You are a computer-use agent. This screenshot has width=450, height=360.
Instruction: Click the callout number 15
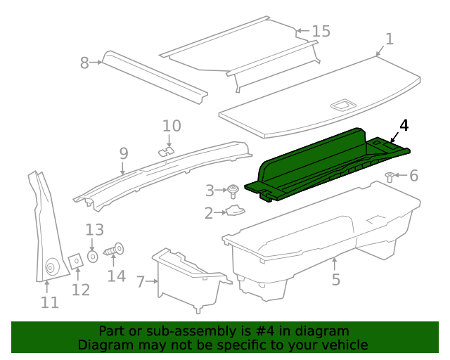pyautogui.click(x=321, y=32)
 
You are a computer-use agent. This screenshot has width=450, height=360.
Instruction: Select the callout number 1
pyautogui.click(x=390, y=39)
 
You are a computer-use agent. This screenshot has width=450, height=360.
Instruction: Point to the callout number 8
pyautogui.click(x=85, y=63)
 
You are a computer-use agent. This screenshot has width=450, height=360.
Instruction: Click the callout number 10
pyautogui.click(x=172, y=126)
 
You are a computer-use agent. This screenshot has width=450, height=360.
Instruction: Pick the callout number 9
pyautogui.click(x=123, y=153)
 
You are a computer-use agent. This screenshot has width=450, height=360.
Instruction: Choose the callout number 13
pyautogui.click(x=94, y=229)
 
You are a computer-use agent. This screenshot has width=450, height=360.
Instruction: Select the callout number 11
pyautogui.click(x=49, y=303)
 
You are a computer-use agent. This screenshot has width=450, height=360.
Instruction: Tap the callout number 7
pyautogui.click(x=141, y=282)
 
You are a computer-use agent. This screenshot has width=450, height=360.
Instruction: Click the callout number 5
pyautogui.click(x=335, y=279)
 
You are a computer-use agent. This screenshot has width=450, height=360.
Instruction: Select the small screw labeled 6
pyautogui.click(x=390, y=175)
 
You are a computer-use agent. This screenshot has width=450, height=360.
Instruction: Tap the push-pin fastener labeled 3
pyautogui.click(x=232, y=189)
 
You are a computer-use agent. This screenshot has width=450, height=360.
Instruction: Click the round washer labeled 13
pyautogui.click(x=92, y=257)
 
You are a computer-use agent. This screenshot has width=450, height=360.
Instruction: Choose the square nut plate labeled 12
pyautogui.click(x=75, y=260)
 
